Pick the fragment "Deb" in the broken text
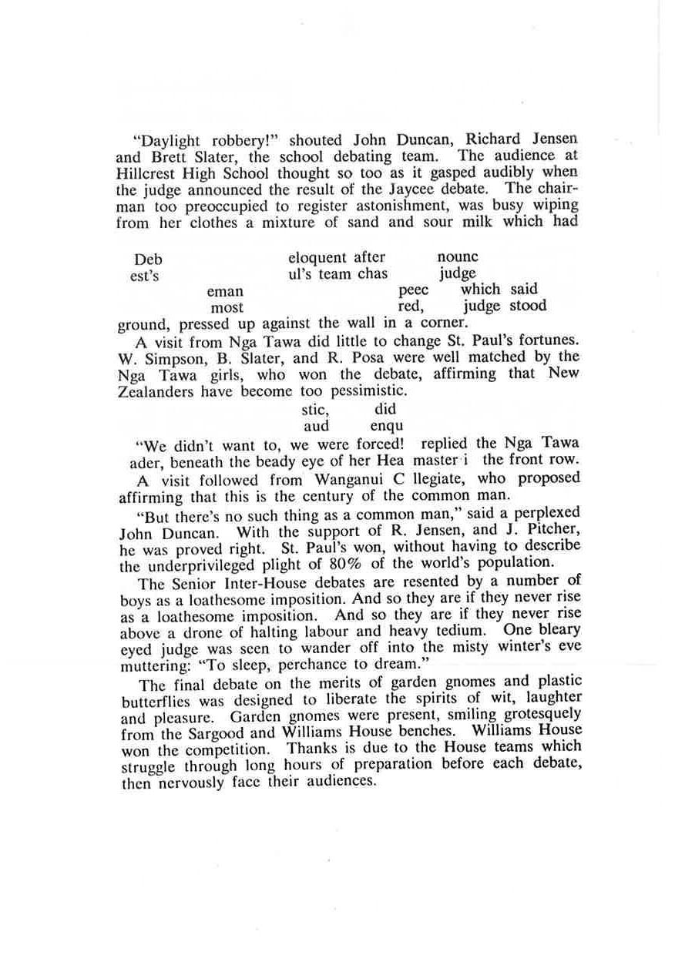tap(148, 259)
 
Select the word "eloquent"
tap(317, 257)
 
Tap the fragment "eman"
tap(225, 291)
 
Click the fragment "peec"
tap(414, 291)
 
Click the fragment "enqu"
tap(387, 426)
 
